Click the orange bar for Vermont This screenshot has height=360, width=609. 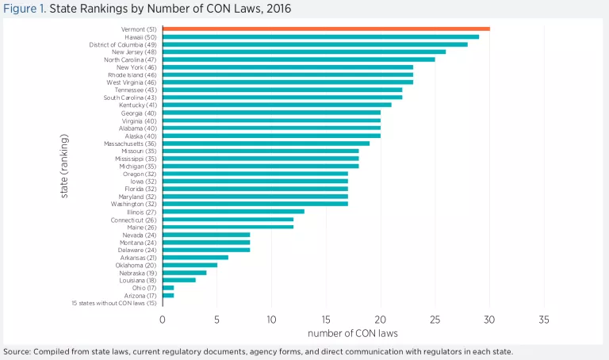(325, 29)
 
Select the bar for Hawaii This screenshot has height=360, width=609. (320, 36)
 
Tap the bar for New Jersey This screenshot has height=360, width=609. (304, 52)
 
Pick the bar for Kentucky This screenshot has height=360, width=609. (277, 105)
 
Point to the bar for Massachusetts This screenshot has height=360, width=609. (266, 143)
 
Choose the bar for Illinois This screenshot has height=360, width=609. (233, 211)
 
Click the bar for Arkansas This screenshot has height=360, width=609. (195, 257)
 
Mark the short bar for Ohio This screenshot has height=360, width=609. (168, 287)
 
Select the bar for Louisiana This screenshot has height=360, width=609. (178, 279)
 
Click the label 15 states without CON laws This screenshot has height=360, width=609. (113, 302)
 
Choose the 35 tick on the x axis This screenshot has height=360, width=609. (544, 320)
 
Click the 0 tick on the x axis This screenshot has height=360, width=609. (163, 320)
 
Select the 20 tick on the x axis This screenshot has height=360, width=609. (381, 320)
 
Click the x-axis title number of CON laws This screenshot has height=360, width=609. (353, 333)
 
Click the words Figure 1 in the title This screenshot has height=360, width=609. (25, 10)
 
